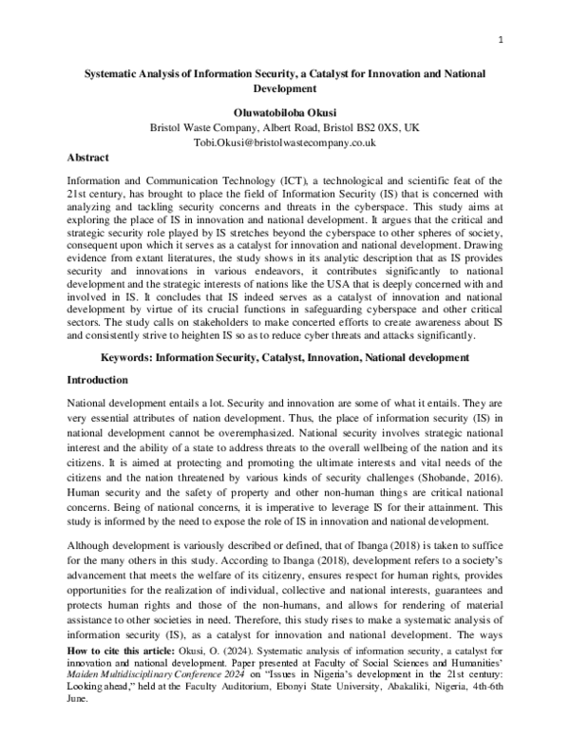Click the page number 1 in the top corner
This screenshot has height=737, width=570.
click(500, 40)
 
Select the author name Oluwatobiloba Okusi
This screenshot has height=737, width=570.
click(285, 109)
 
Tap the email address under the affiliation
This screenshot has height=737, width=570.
click(285, 142)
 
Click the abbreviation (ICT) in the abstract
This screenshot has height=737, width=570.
click(292, 180)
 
